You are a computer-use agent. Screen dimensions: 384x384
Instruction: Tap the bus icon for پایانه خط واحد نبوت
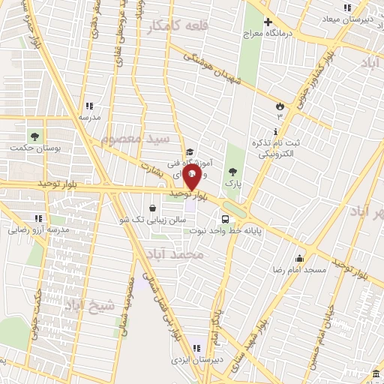(226, 219)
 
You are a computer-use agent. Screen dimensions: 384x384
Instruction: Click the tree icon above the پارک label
(236, 171)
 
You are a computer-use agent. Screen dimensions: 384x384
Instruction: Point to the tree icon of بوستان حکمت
(34, 136)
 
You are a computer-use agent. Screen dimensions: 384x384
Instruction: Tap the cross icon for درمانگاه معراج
(268, 22)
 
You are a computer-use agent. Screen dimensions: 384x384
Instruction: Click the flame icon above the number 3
(280, 106)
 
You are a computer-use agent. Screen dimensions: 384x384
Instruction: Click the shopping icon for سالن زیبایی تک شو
(153, 208)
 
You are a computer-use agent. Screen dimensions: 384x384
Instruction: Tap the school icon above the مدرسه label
(89, 106)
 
